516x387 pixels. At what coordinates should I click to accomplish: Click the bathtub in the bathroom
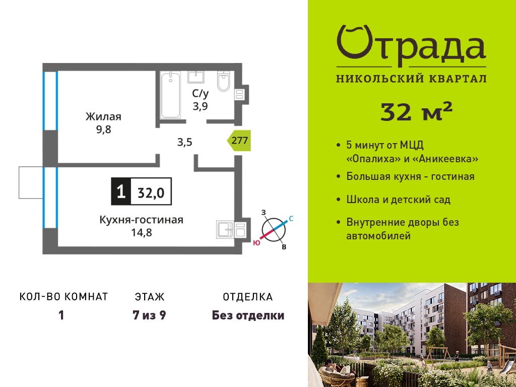tap(171, 95)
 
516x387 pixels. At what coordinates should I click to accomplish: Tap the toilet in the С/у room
tap(223, 81)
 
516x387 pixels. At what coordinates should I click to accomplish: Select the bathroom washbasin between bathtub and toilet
tap(196, 77)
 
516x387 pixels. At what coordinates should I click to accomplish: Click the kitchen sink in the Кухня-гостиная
tap(225, 229)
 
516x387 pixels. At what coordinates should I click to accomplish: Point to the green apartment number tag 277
tap(239, 141)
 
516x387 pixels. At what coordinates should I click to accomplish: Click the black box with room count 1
tap(121, 191)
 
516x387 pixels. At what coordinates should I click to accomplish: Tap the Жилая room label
tap(103, 116)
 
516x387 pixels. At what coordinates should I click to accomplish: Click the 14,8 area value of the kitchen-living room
tap(142, 233)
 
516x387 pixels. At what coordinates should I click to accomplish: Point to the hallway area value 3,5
tap(184, 143)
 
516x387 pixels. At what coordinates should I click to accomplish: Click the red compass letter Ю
tap(256, 243)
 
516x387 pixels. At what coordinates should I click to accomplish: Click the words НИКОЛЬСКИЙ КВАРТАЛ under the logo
tap(411, 79)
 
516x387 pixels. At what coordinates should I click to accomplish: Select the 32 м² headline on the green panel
tap(417, 111)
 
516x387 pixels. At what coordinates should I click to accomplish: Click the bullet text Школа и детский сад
tap(398, 200)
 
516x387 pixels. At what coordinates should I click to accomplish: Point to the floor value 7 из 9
tap(149, 315)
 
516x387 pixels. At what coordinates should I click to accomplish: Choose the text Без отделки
tap(248, 315)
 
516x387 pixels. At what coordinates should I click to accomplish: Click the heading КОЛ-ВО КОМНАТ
tap(64, 296)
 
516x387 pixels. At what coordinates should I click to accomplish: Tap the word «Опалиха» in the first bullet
tap(373, 159)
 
